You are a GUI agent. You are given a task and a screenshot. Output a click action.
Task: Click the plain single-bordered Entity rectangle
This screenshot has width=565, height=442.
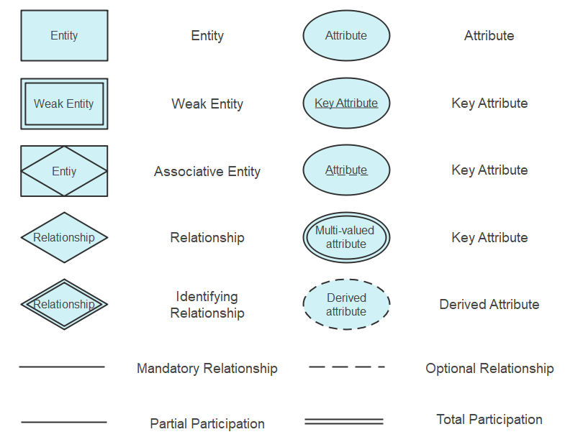(64, 35)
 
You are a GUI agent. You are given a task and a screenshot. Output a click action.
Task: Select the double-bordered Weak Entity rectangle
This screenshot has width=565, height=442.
(64, 103)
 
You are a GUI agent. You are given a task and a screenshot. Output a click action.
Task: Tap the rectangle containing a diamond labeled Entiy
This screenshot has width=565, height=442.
(64, 171)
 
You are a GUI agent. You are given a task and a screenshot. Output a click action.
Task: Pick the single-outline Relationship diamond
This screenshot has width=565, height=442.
(64, 237)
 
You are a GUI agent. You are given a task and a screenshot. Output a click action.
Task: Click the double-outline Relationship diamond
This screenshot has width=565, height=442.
(64, 304)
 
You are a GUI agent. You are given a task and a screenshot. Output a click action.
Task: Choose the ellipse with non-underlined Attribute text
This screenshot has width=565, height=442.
(346, 35)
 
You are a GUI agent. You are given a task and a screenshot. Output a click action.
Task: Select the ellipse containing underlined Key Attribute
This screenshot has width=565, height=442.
(346, 103)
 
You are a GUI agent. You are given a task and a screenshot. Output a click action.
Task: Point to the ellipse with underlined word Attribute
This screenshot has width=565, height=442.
(346, 170)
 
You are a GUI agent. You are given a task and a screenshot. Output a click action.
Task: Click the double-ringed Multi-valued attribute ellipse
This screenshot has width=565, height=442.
(346, 237)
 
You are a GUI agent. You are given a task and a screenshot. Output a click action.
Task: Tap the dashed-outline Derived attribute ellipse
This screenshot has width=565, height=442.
(346, 304)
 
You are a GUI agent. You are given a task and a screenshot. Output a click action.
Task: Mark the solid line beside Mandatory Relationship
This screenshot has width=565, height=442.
(62, 367)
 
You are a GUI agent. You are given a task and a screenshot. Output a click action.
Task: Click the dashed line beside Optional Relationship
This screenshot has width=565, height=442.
(347, 367)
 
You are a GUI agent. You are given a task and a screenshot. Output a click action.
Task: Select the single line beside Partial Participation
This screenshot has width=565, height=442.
(64, 422)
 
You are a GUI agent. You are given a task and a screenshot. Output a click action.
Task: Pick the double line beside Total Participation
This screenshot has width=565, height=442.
(344, 421)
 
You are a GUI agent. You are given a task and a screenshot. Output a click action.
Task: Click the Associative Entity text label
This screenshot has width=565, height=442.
(207, 171)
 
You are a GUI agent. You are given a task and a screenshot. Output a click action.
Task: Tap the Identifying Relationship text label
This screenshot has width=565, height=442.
(207, 305)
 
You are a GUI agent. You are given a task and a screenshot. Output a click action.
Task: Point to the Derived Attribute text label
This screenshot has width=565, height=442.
(489, 304)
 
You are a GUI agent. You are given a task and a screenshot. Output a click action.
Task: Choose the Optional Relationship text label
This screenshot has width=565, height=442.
(489, 368)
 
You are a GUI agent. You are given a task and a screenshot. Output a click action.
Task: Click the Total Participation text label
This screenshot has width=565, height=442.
(489, 419)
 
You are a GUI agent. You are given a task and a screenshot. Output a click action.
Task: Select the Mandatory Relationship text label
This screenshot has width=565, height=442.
(207, 368)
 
